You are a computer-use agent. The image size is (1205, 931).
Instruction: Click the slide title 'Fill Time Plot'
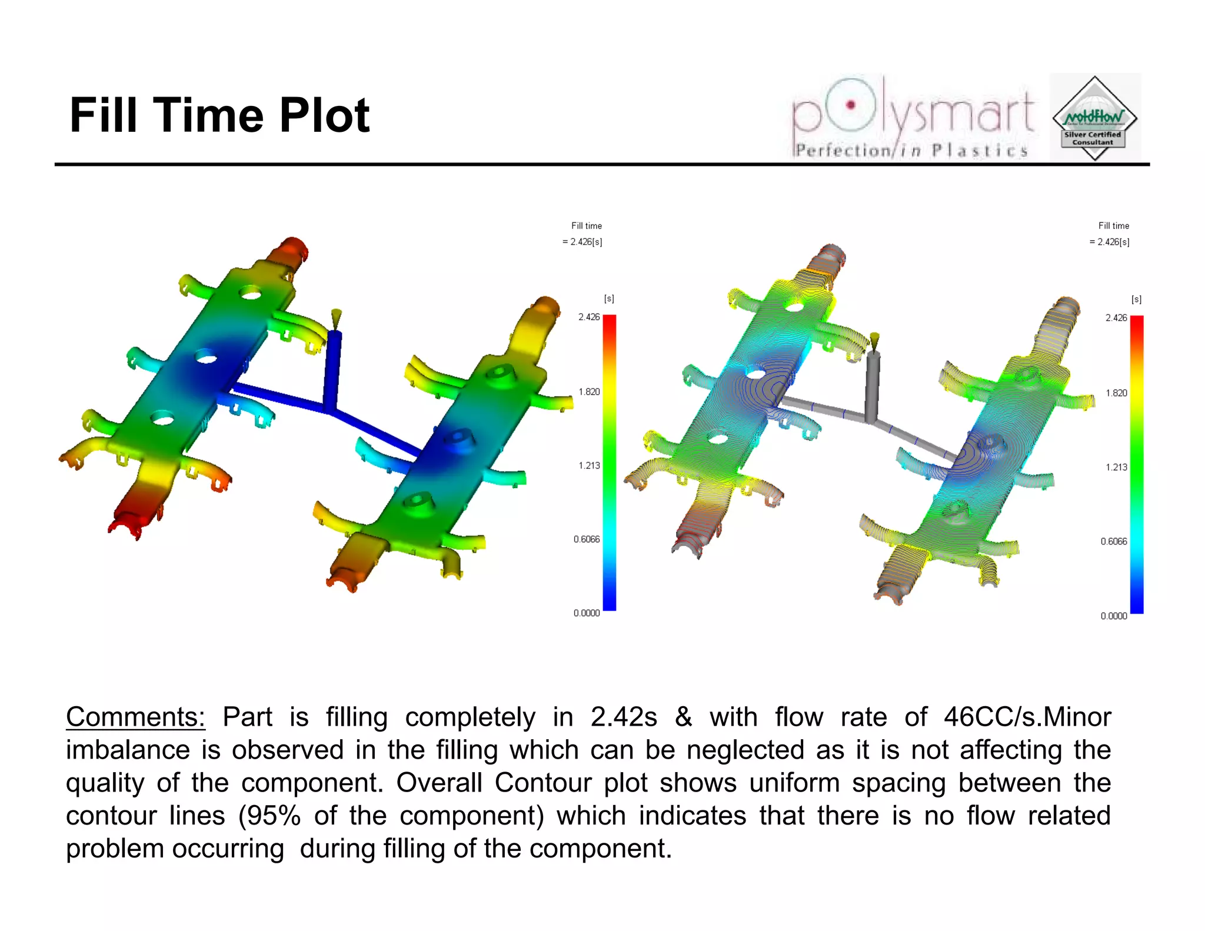click(x=219, y=115)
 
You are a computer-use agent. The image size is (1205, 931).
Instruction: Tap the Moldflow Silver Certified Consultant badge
click(x=1094, y=118)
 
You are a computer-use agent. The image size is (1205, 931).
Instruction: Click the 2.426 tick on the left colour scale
click(x=589, y=317)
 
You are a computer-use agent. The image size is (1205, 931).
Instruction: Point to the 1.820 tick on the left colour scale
click(x=589, y=392)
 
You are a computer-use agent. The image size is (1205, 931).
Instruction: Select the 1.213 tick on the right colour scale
click(x=1116, y=467)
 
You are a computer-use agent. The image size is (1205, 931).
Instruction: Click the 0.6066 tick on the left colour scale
click(x=587, y=540)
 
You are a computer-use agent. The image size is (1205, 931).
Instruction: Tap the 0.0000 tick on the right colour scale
click(x=1114, y=616)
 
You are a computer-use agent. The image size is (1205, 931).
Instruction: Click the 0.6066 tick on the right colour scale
click(x=1114, y=541)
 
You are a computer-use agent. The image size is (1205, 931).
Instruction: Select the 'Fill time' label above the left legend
click(x=587, y=226)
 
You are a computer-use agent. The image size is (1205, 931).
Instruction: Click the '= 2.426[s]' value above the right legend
click(x=1109, y=242)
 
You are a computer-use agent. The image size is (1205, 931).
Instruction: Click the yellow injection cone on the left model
click(x=336, y=319)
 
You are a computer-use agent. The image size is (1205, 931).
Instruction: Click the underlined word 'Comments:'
click(x=135, y=717)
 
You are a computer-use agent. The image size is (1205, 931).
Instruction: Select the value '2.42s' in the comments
click(x=624, y=717)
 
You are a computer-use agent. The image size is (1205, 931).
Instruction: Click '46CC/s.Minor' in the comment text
click(x=1027, y=717)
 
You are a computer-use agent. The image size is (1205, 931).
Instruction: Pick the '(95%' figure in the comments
click(x=269, y=816)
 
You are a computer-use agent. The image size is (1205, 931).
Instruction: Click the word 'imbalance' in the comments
click(x=128, y=750)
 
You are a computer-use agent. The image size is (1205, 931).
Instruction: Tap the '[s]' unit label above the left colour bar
click(x=609, y=299)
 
